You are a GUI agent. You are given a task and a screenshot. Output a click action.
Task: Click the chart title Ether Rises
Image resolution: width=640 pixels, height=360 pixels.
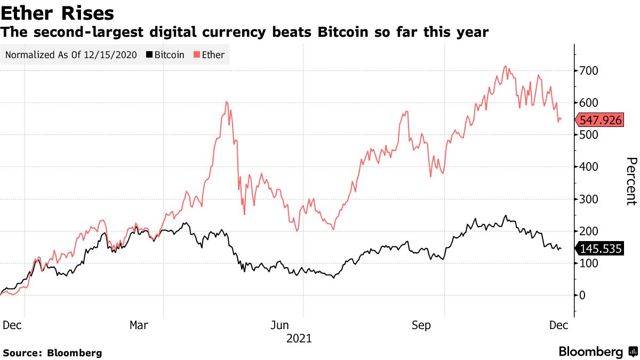coord(57,13)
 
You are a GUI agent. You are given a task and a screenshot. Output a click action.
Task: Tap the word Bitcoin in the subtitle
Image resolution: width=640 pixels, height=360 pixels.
coord(341,33)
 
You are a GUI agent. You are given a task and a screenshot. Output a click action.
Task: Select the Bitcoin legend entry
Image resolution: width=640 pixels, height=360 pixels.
coord(166,55)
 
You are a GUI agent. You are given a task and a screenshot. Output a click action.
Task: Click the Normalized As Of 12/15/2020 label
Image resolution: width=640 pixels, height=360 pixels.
coord(71,55)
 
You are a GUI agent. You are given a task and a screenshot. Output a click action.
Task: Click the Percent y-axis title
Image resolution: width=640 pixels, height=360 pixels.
coord(631,181)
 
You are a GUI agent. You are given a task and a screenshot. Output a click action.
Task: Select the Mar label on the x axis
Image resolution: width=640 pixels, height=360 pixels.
coord(139,325)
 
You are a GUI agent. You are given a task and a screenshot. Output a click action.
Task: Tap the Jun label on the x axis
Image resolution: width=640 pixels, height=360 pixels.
coord(280,325)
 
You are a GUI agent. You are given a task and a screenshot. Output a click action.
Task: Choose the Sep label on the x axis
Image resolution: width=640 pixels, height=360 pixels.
coord(421,325)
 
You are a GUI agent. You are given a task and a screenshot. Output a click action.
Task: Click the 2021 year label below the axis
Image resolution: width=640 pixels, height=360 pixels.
coord(299,338)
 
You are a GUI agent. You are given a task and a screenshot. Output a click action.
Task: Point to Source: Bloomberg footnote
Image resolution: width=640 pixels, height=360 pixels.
coord(52,353)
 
